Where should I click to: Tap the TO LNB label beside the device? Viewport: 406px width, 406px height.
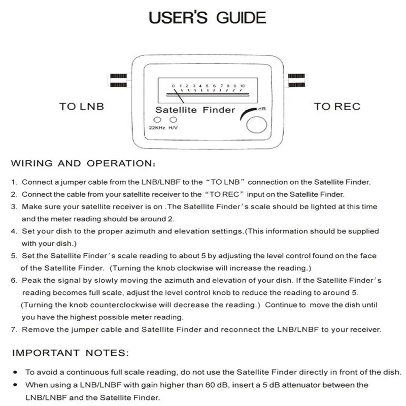pos(81,107)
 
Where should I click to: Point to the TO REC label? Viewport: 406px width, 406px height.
pos(337,107)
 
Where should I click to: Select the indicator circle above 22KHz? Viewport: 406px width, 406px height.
pos(151,120)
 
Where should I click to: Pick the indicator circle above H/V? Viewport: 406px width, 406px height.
pos(174,120)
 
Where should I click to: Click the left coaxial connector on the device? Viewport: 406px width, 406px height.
pos(118,79)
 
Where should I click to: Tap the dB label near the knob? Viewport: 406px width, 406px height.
pos(262,109)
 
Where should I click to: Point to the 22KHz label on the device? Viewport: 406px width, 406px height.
pos(153,128)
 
